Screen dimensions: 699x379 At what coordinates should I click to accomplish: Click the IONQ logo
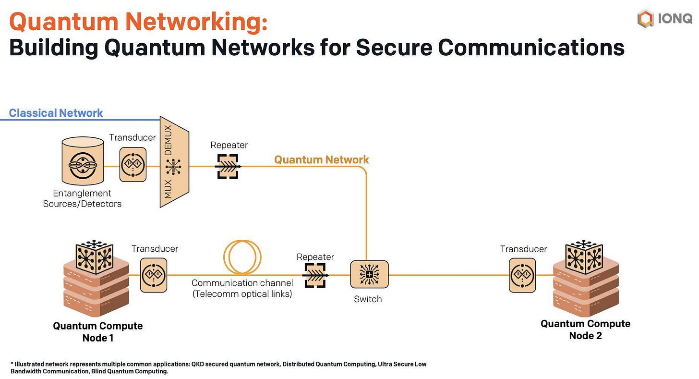tap(664, 19)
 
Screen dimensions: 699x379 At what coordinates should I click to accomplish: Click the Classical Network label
tap(56, 113)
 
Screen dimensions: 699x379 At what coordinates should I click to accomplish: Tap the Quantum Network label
tap(322, 160)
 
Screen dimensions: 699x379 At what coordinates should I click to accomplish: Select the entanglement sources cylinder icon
tap(83, 161)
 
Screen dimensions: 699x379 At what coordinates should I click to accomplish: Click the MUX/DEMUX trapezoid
tap(174, 162)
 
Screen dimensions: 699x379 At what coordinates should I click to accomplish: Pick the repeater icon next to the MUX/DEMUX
tap(228, 166)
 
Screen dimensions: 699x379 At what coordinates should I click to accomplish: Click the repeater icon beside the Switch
tap(315, 275)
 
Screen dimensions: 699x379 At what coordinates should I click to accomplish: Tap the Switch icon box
tap(370, 274)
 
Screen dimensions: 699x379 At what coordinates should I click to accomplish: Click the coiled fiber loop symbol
tap(242, 257)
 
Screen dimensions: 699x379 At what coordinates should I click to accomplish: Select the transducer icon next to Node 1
tap(154, 275)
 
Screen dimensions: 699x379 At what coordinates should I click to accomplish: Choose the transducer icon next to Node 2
tap(522, 275)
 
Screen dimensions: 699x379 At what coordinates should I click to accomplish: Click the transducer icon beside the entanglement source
tap(133, 165)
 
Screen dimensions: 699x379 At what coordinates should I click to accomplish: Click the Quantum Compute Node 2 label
tap(585, 330)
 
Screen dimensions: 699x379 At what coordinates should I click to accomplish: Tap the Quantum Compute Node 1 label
tap(97, 332)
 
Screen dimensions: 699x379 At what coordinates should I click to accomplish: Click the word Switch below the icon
tap(368, 299)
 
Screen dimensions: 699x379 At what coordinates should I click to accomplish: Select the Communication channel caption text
tap(242, 289)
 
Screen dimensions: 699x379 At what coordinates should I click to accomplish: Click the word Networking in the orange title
tap(197, 22)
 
